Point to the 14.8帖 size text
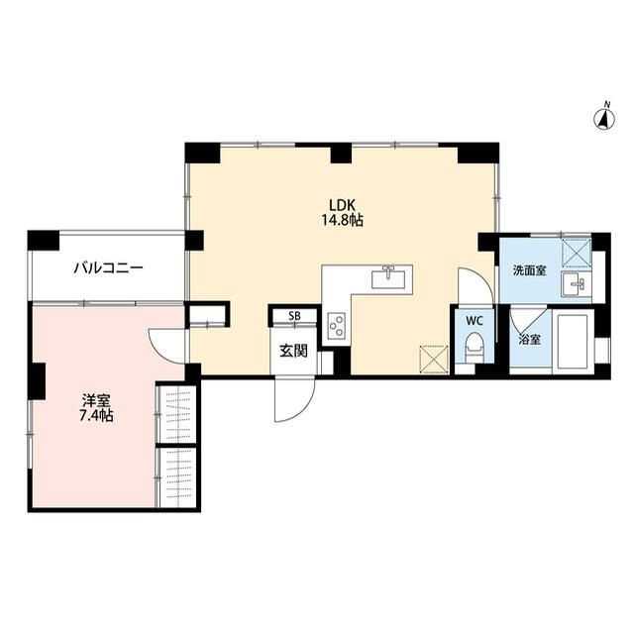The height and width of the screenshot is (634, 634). click(341, 221)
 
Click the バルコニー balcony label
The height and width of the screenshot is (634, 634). click(109, 268)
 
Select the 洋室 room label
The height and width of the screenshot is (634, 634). click(96, 400)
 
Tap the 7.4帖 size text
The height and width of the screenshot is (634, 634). click(96, 416)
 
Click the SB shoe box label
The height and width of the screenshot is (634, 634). click(293, 316)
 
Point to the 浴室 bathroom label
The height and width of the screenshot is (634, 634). click(530, 339)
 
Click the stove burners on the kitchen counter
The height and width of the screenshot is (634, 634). click(336, 324)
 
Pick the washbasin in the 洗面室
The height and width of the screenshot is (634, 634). click(575, 286)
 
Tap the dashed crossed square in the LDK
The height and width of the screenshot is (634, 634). click(434, 357)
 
